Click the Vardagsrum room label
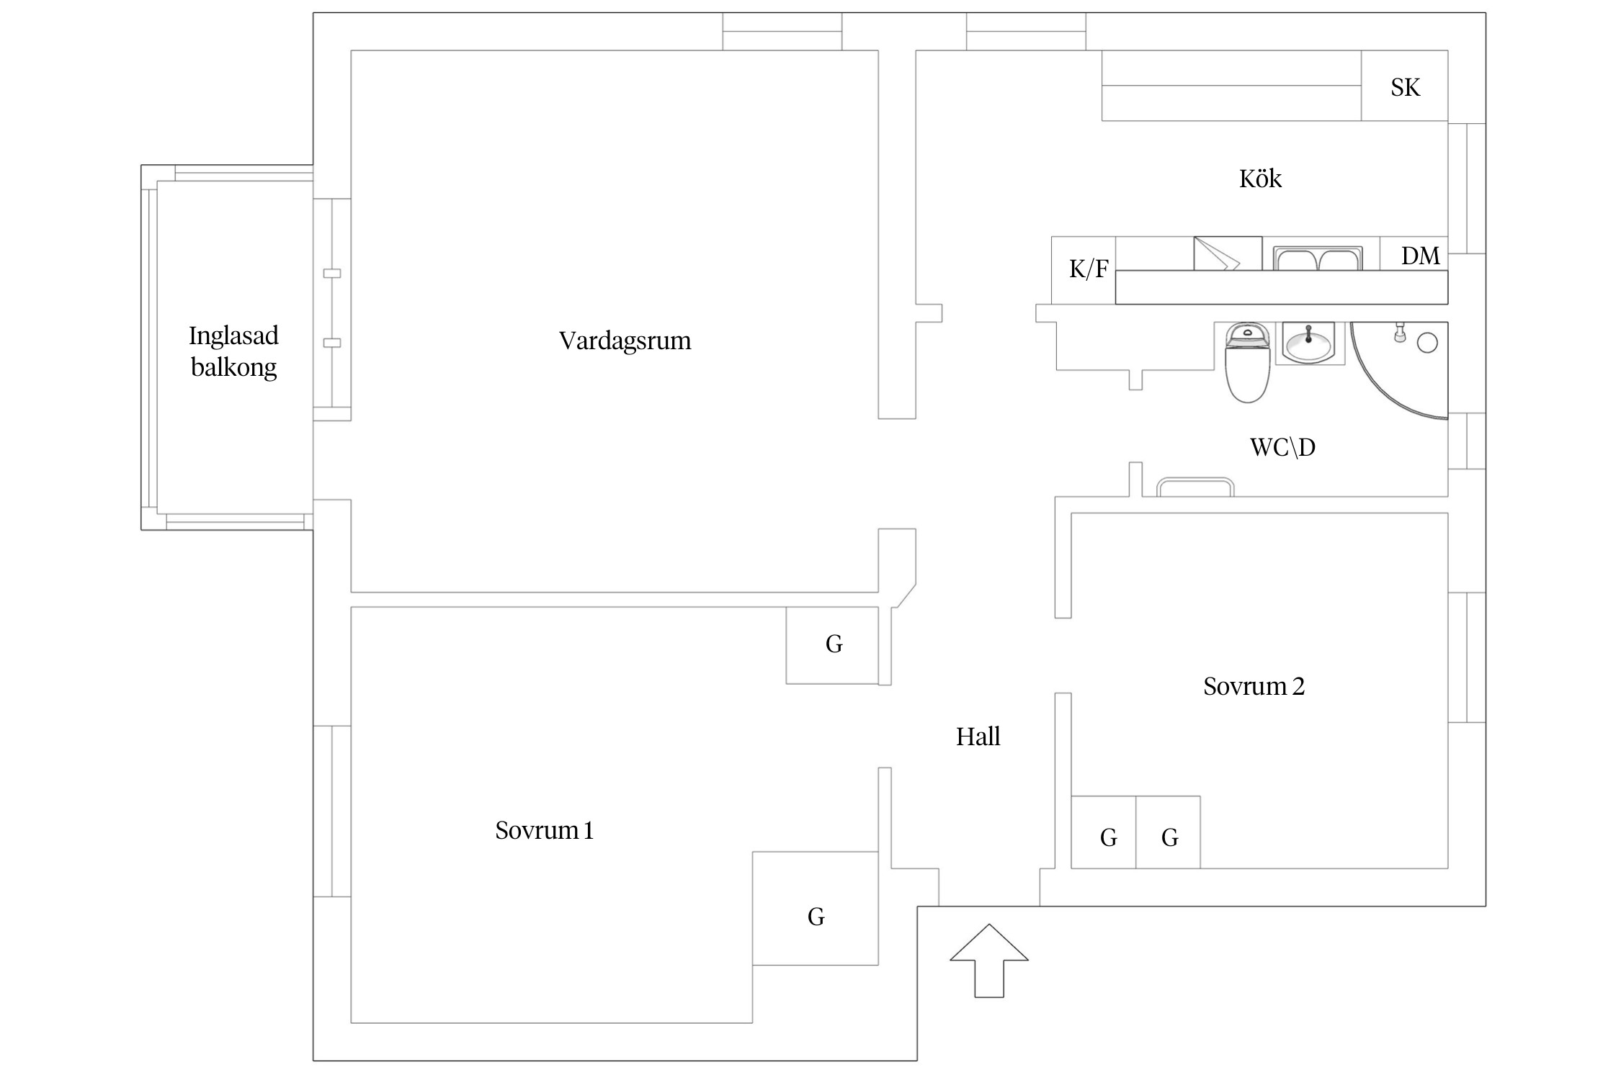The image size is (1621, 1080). (625, 341)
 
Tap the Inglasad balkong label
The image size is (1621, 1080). (233, 351)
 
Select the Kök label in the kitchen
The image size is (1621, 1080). (1260, 179)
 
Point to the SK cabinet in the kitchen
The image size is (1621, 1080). (1404, 86)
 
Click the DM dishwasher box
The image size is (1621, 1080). (1419, 255)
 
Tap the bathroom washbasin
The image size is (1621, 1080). (1308, 344)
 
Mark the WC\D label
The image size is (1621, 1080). (1282, 448)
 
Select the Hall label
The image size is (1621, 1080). (978, 737)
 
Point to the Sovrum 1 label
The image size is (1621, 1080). (544, 831)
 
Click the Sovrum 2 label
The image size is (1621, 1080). (1254, 686)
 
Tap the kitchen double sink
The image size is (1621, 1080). (1318, 258)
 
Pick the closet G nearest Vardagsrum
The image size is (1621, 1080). (833, 645)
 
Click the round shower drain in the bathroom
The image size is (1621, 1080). (1427, 343)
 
